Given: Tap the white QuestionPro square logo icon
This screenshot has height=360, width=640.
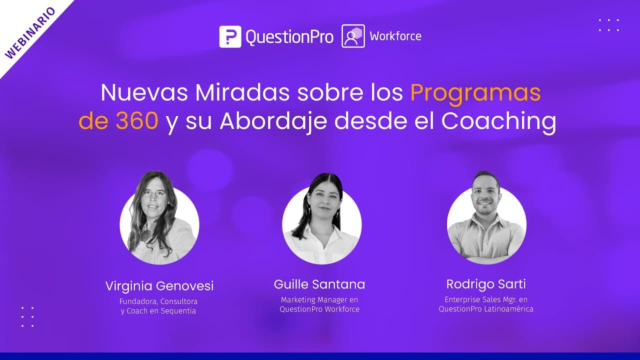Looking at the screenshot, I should click(230, 36).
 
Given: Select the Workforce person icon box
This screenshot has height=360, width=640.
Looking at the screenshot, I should click(353, 36).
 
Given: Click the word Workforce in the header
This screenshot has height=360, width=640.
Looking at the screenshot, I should click(395, 36).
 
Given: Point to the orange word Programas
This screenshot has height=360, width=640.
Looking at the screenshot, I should click(475, 93).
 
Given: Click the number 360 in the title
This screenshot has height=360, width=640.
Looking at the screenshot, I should click(137, 121).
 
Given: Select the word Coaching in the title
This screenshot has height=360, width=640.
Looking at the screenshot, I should click(498, 121).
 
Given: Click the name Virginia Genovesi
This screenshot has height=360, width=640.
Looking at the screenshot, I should click(159, 286).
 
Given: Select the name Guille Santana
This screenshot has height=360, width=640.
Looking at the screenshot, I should click(319, 284).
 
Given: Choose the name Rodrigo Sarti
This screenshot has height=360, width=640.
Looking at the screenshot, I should click(486, 284).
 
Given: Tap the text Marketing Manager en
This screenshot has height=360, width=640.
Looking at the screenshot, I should click(319, 300).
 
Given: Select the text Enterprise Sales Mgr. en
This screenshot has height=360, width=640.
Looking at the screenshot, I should click(486, 299).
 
